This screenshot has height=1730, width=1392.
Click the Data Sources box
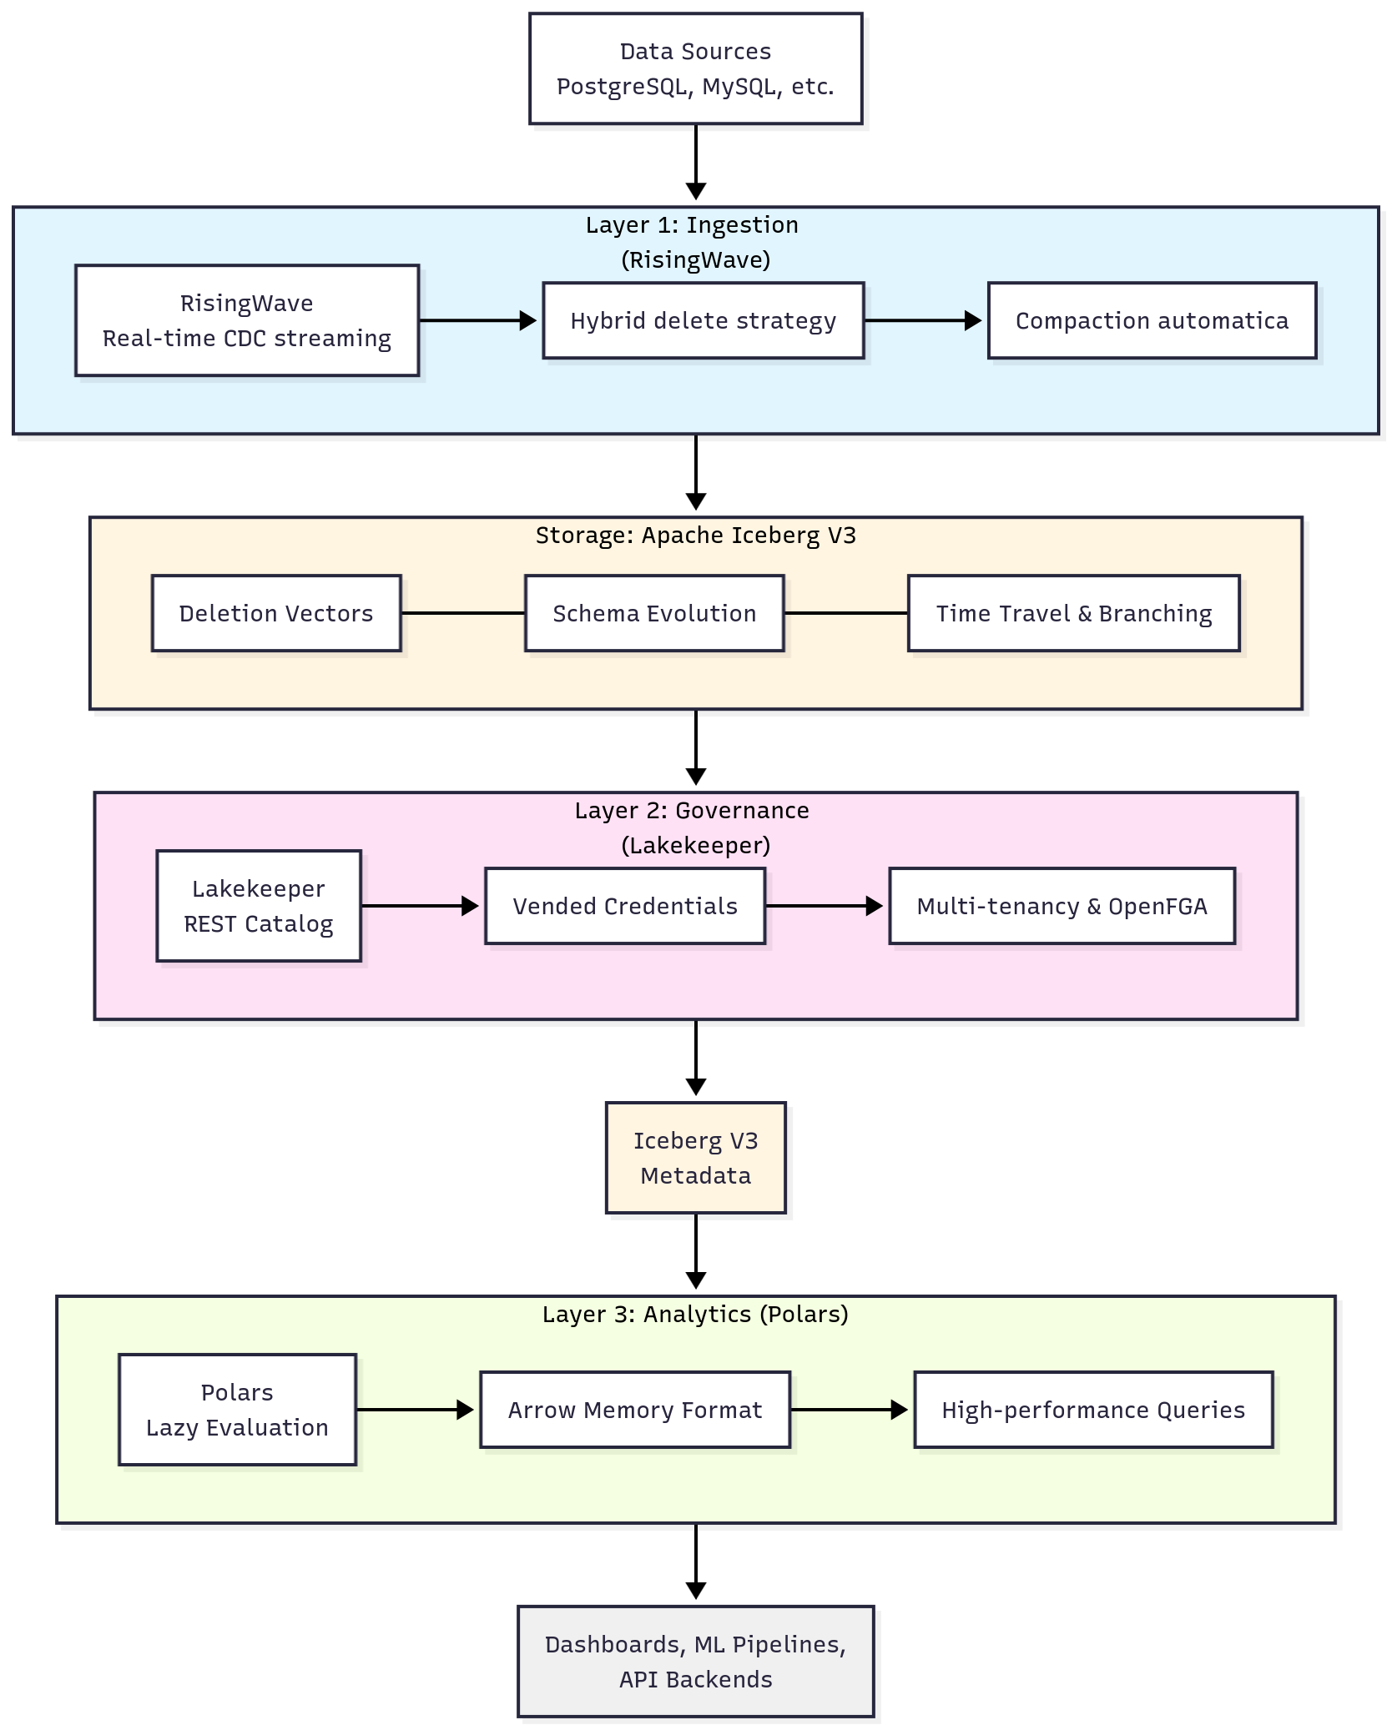[x=695, y=68]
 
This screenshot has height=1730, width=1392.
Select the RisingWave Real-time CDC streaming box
[x=247, y=320]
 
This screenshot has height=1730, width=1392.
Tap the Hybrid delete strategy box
[x=703, y=320]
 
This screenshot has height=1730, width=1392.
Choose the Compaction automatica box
[x=1152, y=320]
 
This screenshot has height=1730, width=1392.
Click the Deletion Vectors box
[x=276, y=613]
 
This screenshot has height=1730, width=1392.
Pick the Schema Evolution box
[x=654, y=613]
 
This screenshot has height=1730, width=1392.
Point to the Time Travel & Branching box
[x=1073, y=613]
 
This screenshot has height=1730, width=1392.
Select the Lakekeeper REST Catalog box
[x=259, y=906]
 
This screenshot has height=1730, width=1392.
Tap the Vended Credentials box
[x=625, y=906]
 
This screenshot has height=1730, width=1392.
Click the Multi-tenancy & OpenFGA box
[x=1062, y=906]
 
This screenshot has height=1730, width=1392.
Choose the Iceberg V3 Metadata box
[x=695, y=1158]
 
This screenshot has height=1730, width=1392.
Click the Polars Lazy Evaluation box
[x=237, y=1410]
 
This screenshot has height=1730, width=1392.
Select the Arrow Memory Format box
[x=635, y=1410]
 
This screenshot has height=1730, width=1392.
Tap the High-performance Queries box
[x=1093, y=1410]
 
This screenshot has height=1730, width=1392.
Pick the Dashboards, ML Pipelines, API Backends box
[x=695, y=1662]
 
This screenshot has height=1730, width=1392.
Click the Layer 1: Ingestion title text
[x=692, y=225]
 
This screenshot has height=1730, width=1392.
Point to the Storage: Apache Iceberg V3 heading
[x=695, y=536]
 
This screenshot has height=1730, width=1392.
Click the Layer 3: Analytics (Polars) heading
[x=695, y=1315]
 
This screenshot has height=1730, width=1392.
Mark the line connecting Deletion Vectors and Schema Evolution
[x=463, y=613]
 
